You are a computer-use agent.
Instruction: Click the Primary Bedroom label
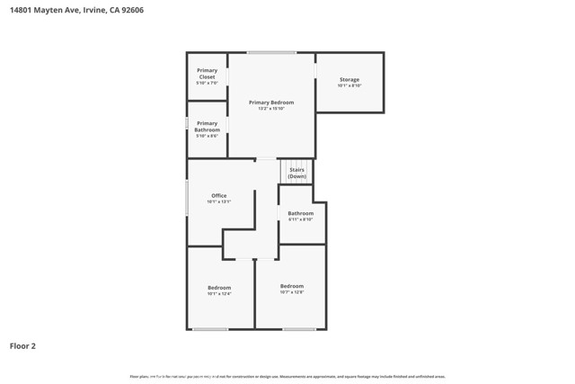(270, 103)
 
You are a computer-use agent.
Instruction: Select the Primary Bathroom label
(207, 127)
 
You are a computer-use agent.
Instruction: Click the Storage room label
(349, 80)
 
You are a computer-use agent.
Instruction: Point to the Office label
(218, 195)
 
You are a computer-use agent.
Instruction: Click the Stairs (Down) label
(296, 173)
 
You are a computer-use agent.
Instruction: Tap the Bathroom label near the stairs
(301, 213)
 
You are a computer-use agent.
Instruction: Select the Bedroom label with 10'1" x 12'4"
(219, 288)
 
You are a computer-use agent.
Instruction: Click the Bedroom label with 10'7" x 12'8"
(292, 286)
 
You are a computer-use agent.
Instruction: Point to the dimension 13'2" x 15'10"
(270, 109)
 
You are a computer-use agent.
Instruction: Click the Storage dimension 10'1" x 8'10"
(349, 86)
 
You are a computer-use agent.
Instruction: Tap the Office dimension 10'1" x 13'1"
(218, 201)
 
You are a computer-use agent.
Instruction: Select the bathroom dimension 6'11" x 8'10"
(301, 219)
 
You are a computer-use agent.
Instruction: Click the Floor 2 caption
(22, 345)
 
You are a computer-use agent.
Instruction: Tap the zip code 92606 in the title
(130, 10)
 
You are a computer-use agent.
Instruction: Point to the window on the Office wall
(187, 197)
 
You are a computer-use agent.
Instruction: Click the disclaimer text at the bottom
(287, 376)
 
